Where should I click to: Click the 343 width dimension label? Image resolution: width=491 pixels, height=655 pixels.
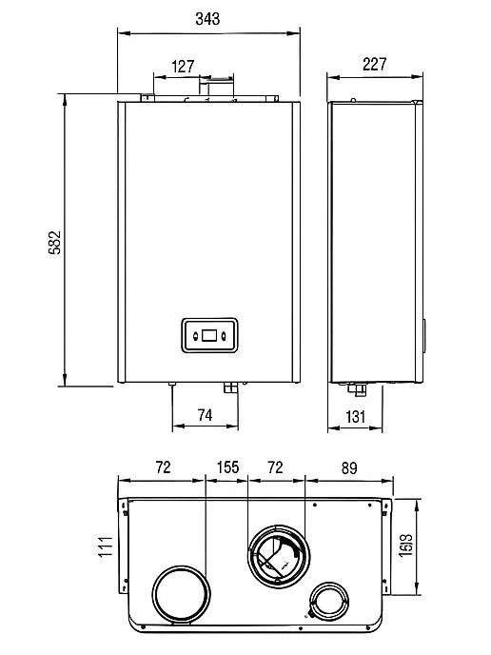207,19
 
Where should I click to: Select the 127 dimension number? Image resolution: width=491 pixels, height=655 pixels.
183,67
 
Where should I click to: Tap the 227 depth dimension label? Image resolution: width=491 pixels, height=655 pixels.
375,65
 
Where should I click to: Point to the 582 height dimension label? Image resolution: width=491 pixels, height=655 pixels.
54,242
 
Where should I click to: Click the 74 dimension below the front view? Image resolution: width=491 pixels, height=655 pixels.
205,415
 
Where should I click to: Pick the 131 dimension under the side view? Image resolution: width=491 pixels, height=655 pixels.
355,417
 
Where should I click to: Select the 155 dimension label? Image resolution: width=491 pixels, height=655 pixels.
227,467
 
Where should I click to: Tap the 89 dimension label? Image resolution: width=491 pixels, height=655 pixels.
349,468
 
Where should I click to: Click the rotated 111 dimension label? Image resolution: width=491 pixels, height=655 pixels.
106,546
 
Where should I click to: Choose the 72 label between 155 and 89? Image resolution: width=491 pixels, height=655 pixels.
275,467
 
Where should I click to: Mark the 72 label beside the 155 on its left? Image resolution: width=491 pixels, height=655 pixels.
164,467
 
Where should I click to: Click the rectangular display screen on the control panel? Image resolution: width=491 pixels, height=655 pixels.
209,335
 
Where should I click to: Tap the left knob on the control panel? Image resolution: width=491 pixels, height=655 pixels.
195,336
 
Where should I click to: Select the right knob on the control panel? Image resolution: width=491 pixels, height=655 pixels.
225,336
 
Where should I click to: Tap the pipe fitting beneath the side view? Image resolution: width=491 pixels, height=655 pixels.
357,389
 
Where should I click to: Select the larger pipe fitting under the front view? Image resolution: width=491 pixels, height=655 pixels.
230,387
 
